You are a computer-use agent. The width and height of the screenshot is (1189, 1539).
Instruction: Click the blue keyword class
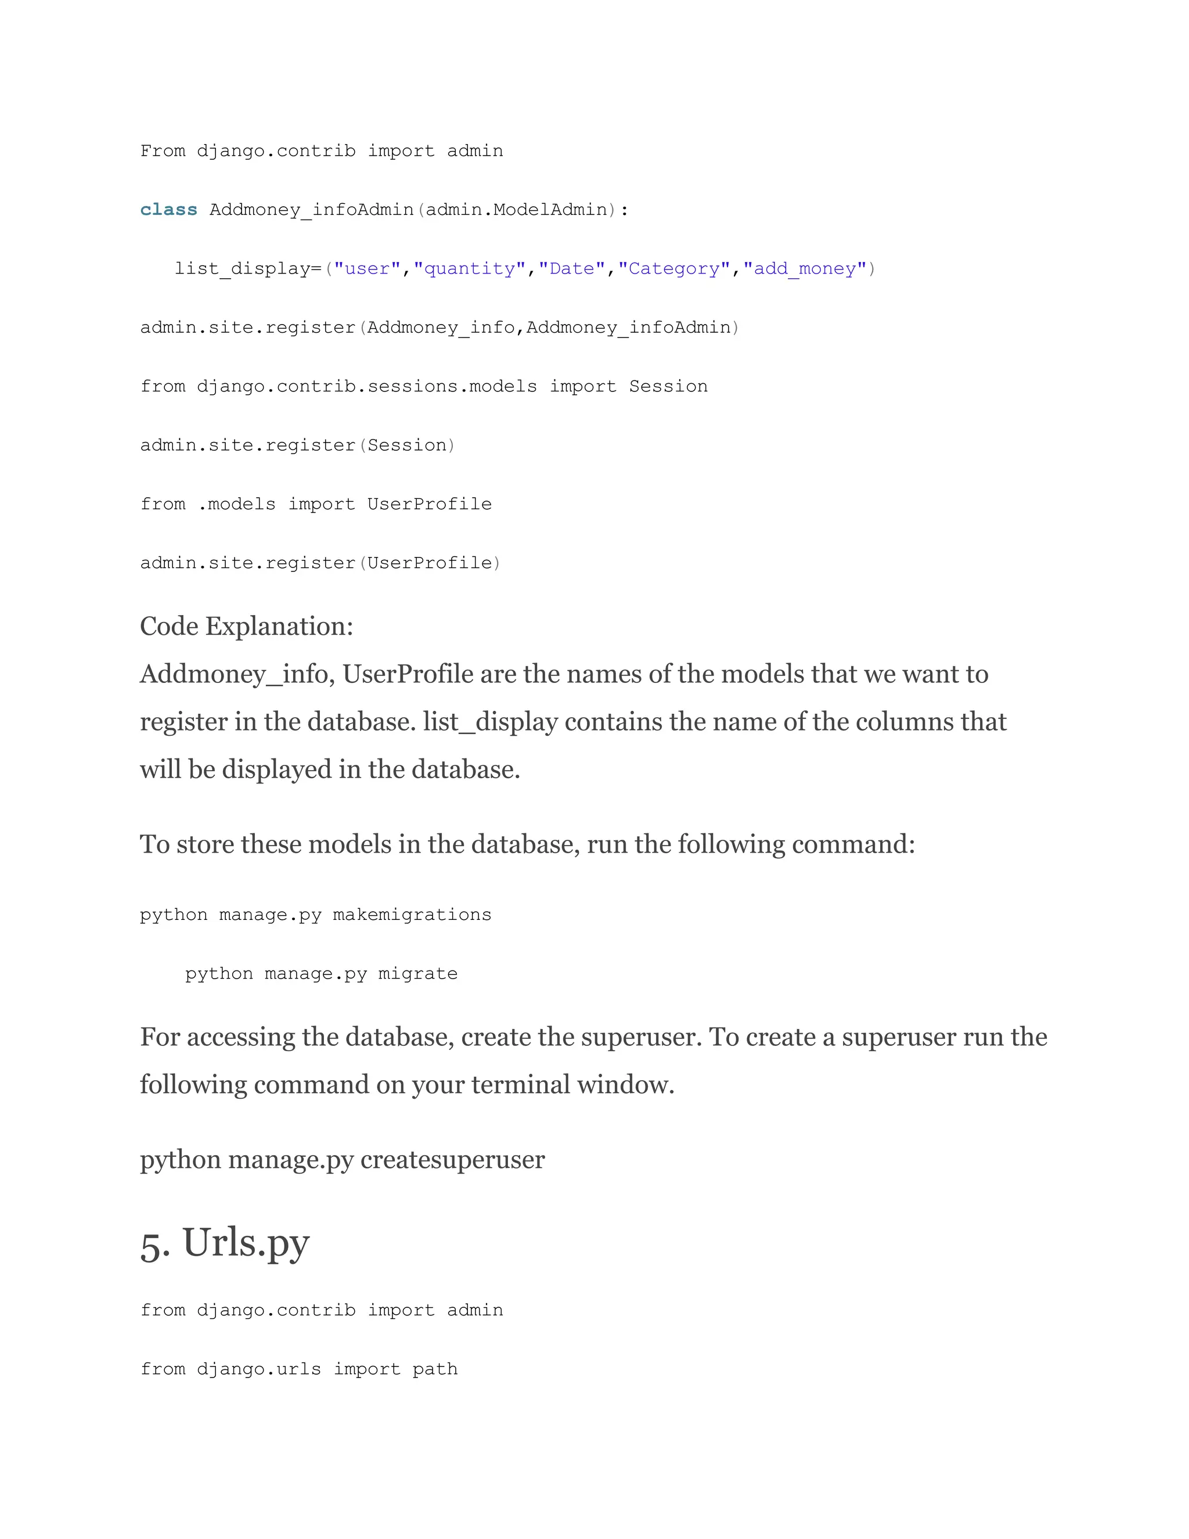click(168, 210)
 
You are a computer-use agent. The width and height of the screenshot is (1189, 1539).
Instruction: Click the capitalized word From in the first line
click(163, 151)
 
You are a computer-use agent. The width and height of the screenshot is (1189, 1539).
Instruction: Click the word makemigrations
click(412, 915)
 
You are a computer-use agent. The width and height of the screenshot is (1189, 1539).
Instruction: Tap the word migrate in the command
click(417, 974)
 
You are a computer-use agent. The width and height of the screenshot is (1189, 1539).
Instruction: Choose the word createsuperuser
click(452, 1160)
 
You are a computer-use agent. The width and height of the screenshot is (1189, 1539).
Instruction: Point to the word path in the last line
click(435, 1369)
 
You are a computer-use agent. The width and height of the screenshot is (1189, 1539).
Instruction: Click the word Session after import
click(668, 386)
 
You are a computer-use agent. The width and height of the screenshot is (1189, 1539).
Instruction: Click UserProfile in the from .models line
click(429, 504)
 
